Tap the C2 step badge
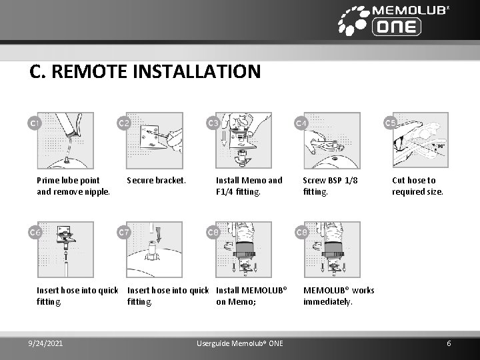click(123, 123)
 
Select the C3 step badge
click(213, 123)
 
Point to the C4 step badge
click(301, 123)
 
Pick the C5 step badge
click(391, 123)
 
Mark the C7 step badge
click(123, 232)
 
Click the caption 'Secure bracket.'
click(156, 180)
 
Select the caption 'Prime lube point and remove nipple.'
click(73, 186)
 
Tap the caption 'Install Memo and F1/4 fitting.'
click(249, 186)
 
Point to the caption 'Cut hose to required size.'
click(417, 186)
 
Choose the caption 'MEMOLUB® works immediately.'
click(338, 295)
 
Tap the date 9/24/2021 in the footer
click(47, 343)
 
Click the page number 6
click(449, 343)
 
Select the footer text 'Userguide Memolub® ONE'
click(240, 343)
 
